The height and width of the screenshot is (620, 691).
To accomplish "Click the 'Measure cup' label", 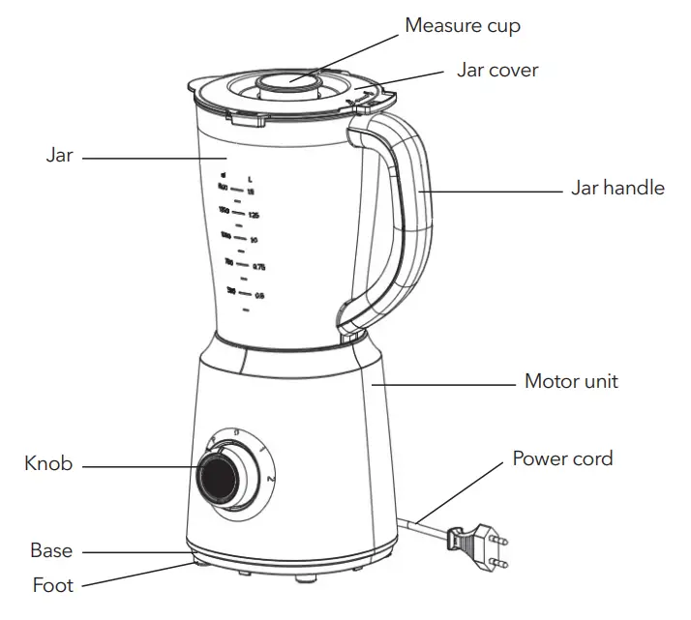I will [x=462, y=25].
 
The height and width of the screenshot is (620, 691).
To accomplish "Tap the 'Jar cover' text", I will [x=496, y=71].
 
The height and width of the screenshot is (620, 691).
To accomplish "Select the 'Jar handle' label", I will [x=616, y=188].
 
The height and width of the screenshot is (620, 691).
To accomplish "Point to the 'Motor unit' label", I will [x=570, y=381].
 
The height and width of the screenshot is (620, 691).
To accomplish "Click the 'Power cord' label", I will [x=562, y=457].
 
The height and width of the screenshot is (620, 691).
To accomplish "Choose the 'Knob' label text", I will [x=48, y=464].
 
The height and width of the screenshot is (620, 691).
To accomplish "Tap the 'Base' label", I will [x=51, y=550].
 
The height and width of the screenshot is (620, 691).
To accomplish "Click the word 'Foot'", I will [x=52, y=584].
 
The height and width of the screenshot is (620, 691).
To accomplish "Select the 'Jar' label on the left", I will [x=59, y=155].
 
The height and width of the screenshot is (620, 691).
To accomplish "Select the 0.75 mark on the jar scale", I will [x=258, y=266].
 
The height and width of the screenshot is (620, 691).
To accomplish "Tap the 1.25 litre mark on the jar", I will [x=254, y=214].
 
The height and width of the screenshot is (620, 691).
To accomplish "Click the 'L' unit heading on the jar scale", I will [x=250, y=179].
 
